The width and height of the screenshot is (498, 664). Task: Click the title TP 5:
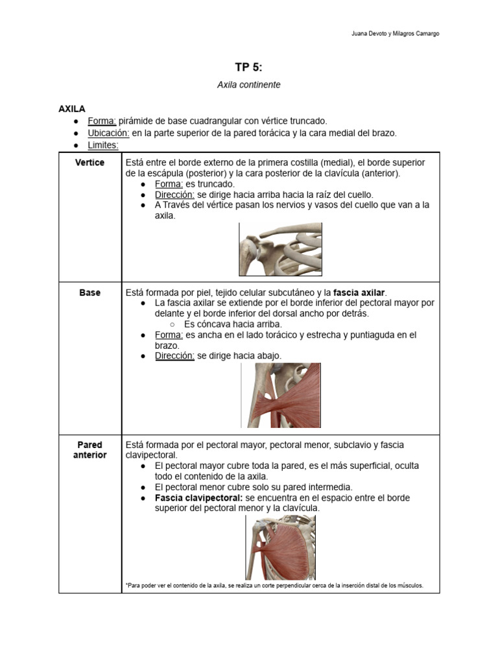(248, 67)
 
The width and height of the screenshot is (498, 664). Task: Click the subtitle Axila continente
(248, 85)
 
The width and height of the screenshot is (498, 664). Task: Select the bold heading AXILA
(72, 109)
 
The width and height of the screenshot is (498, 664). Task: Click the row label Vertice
(89, 163)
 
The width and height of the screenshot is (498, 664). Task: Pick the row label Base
(89, 292)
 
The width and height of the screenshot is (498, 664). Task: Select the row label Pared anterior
(89, 450)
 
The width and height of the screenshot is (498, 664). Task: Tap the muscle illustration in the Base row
(281, 395)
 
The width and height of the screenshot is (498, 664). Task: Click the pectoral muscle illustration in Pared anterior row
(280, 547)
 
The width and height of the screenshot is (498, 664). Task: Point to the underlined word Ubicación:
(109, 133)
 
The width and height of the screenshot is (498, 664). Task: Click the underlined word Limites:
(103, 145)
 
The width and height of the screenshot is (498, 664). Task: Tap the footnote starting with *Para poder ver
(274, 586)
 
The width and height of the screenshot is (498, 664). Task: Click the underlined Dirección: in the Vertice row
(174, 195)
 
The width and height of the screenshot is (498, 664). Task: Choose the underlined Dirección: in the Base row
(174, 356)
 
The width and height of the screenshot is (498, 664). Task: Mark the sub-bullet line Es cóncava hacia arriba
(233, 324)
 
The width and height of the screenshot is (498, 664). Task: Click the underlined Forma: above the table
(102, 121)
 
